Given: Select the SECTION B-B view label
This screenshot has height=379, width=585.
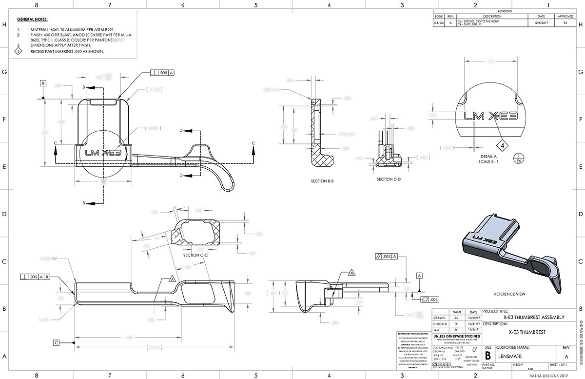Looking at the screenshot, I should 322,181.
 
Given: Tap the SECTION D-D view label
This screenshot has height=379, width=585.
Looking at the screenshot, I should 389,179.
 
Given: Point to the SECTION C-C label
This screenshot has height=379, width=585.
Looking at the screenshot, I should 195,255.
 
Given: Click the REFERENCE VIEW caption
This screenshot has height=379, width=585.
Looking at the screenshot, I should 509,294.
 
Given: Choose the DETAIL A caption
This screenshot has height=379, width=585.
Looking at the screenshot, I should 491,157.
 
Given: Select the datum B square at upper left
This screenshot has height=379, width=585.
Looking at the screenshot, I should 43,83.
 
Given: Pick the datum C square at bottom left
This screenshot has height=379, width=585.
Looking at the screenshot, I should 57,343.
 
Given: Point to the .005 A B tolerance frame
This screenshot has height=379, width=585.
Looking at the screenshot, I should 35,277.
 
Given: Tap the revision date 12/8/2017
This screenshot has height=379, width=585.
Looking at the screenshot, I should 541,23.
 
